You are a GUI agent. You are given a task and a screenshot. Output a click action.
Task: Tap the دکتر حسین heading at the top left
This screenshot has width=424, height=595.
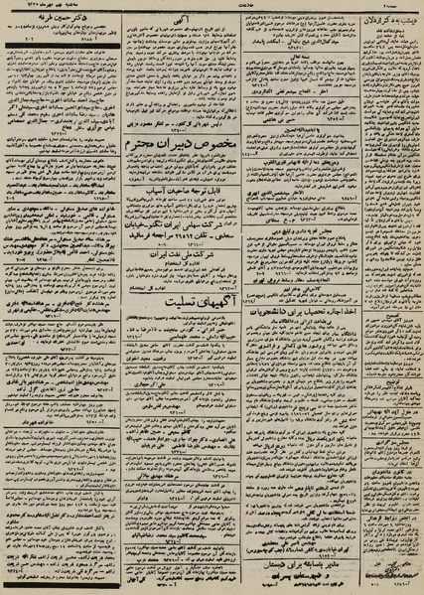coord(62,19)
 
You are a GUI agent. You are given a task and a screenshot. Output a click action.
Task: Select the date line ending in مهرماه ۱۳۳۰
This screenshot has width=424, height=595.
coord(60,6)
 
